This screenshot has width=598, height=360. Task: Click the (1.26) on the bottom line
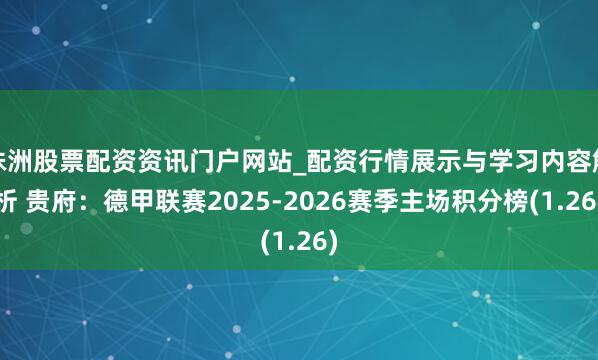point(299,241)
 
